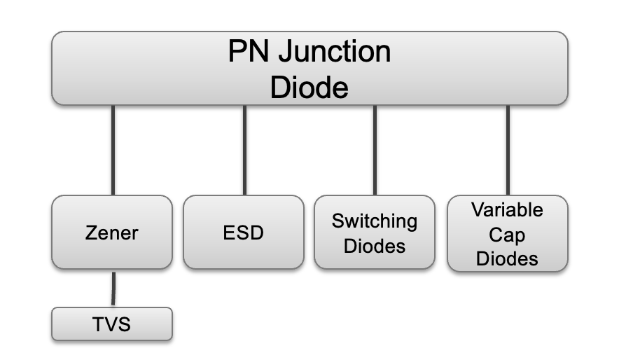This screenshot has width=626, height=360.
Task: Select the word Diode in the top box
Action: [309, 88]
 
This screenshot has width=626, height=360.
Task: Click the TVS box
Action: [112, 324]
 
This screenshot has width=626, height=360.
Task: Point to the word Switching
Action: [375, 222]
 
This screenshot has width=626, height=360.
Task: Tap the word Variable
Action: [507, 209]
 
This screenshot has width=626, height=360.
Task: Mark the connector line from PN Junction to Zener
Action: [112, 150]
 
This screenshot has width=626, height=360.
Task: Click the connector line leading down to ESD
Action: [244, 150]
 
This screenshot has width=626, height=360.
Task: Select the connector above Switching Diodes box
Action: [375, 150]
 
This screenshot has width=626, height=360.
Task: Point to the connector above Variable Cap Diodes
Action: [507, 150]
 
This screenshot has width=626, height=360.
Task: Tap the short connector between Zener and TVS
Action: [112, 288]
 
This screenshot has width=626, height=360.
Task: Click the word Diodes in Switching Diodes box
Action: [375, 246]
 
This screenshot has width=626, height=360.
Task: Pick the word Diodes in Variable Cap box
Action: [507, 258]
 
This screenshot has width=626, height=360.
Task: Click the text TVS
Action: [112, 324]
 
